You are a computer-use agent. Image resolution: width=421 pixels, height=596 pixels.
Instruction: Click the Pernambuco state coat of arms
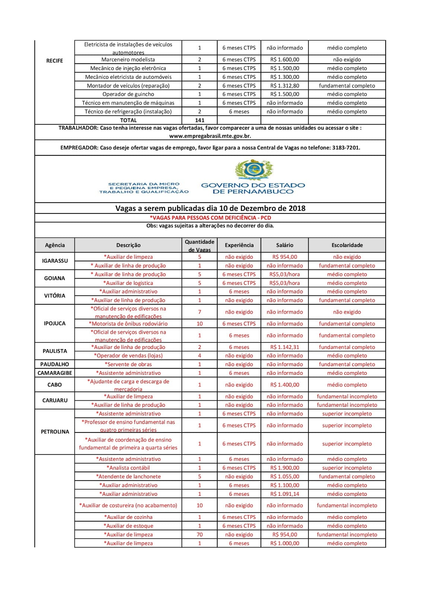click(254, 169)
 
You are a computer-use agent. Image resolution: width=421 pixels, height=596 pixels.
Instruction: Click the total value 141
click(200, 120)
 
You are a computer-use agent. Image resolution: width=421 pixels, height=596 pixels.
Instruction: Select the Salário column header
click(284, 245)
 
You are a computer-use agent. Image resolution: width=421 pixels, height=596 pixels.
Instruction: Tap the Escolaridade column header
click(347, 245)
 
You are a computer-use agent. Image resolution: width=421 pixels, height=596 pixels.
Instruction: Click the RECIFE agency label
click(54, 61)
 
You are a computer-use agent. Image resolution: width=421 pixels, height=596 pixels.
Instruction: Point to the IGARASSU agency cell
click(55, 261)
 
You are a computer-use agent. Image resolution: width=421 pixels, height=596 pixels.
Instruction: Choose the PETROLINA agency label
click(55, 432)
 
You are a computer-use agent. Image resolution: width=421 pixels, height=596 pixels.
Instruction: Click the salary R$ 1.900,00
click(284, 468)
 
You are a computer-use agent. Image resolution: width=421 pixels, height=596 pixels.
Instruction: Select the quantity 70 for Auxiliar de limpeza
click(200, 535)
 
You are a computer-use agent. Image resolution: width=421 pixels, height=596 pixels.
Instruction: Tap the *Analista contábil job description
click(128, 468)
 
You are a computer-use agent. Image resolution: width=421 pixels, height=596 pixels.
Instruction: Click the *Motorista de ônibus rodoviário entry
click(128, 324)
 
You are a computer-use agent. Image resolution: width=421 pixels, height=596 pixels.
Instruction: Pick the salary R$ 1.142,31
click(284, 347)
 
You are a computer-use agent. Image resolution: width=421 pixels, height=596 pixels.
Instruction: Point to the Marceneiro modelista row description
click(128, 60)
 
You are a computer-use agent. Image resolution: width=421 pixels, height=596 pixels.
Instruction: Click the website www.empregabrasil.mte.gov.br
click(210, 136)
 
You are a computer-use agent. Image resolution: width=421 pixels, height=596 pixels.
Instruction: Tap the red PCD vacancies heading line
click(210, 218)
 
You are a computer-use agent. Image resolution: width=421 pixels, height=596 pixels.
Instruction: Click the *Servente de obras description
click(128, 364)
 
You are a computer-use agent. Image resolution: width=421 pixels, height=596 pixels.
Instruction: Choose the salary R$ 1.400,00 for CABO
click(284, 385)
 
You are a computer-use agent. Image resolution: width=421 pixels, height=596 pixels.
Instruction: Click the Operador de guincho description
click(128, 94)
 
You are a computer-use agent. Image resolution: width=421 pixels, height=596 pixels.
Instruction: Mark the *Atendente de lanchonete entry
click(128, 476)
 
